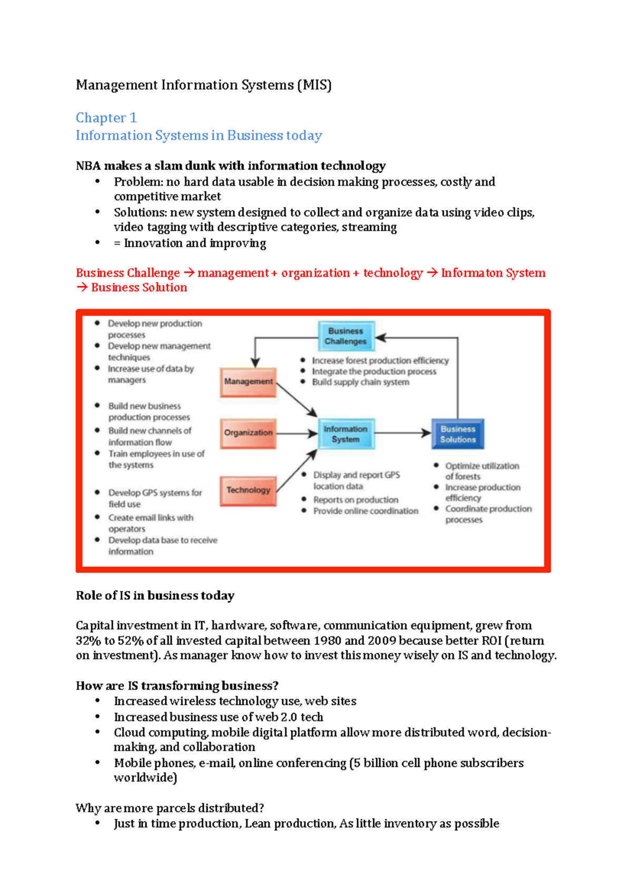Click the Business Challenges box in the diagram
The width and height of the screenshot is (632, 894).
pyautogui.click(x=346, y=336)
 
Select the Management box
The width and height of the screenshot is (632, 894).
pyautogui.click(x=248, y=382)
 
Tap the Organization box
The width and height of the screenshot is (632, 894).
pyautogui.click(x=248, y=433)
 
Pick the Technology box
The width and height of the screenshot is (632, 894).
pyautogui.click(x=248, y=490)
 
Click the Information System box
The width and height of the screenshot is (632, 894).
pyautogui.click(x=346, y=434)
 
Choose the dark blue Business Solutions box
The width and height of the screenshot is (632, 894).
pyautogui.click(x=458, y=434)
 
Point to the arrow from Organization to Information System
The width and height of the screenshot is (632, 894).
pyautogui.click(x=296, y=433)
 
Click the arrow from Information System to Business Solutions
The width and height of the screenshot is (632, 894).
pyautogui.click(x=403, y=433)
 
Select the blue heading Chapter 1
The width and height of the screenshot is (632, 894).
pyautogui.click(x=106, y=118)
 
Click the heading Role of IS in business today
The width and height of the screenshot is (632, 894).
pyautogui.click(x=155, y=596)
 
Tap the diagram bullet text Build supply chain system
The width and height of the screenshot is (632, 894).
pyautogui.click(x=360, y=382)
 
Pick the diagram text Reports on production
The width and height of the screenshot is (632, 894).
pyautogui.click(x=355, y=500)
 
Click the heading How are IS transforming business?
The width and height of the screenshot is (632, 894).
pyautogui.click(x=177, y=686)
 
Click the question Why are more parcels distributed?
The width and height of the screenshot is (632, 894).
pyautogui.click(x=170, y=808)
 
